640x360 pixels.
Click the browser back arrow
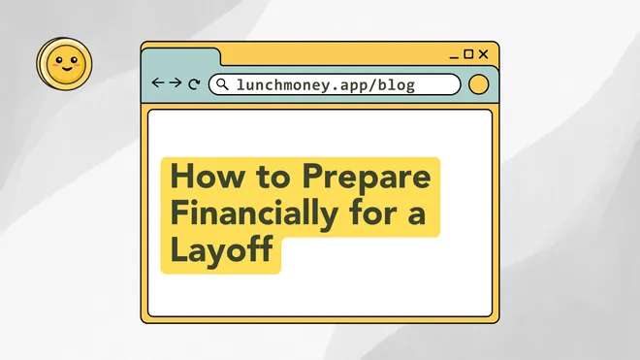pos(158,84)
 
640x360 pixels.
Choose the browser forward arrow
pos(176,84)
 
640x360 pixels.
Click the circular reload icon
pos(194,85)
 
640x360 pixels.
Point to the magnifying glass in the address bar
pos(222,84)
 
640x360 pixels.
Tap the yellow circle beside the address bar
pos(478,84)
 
